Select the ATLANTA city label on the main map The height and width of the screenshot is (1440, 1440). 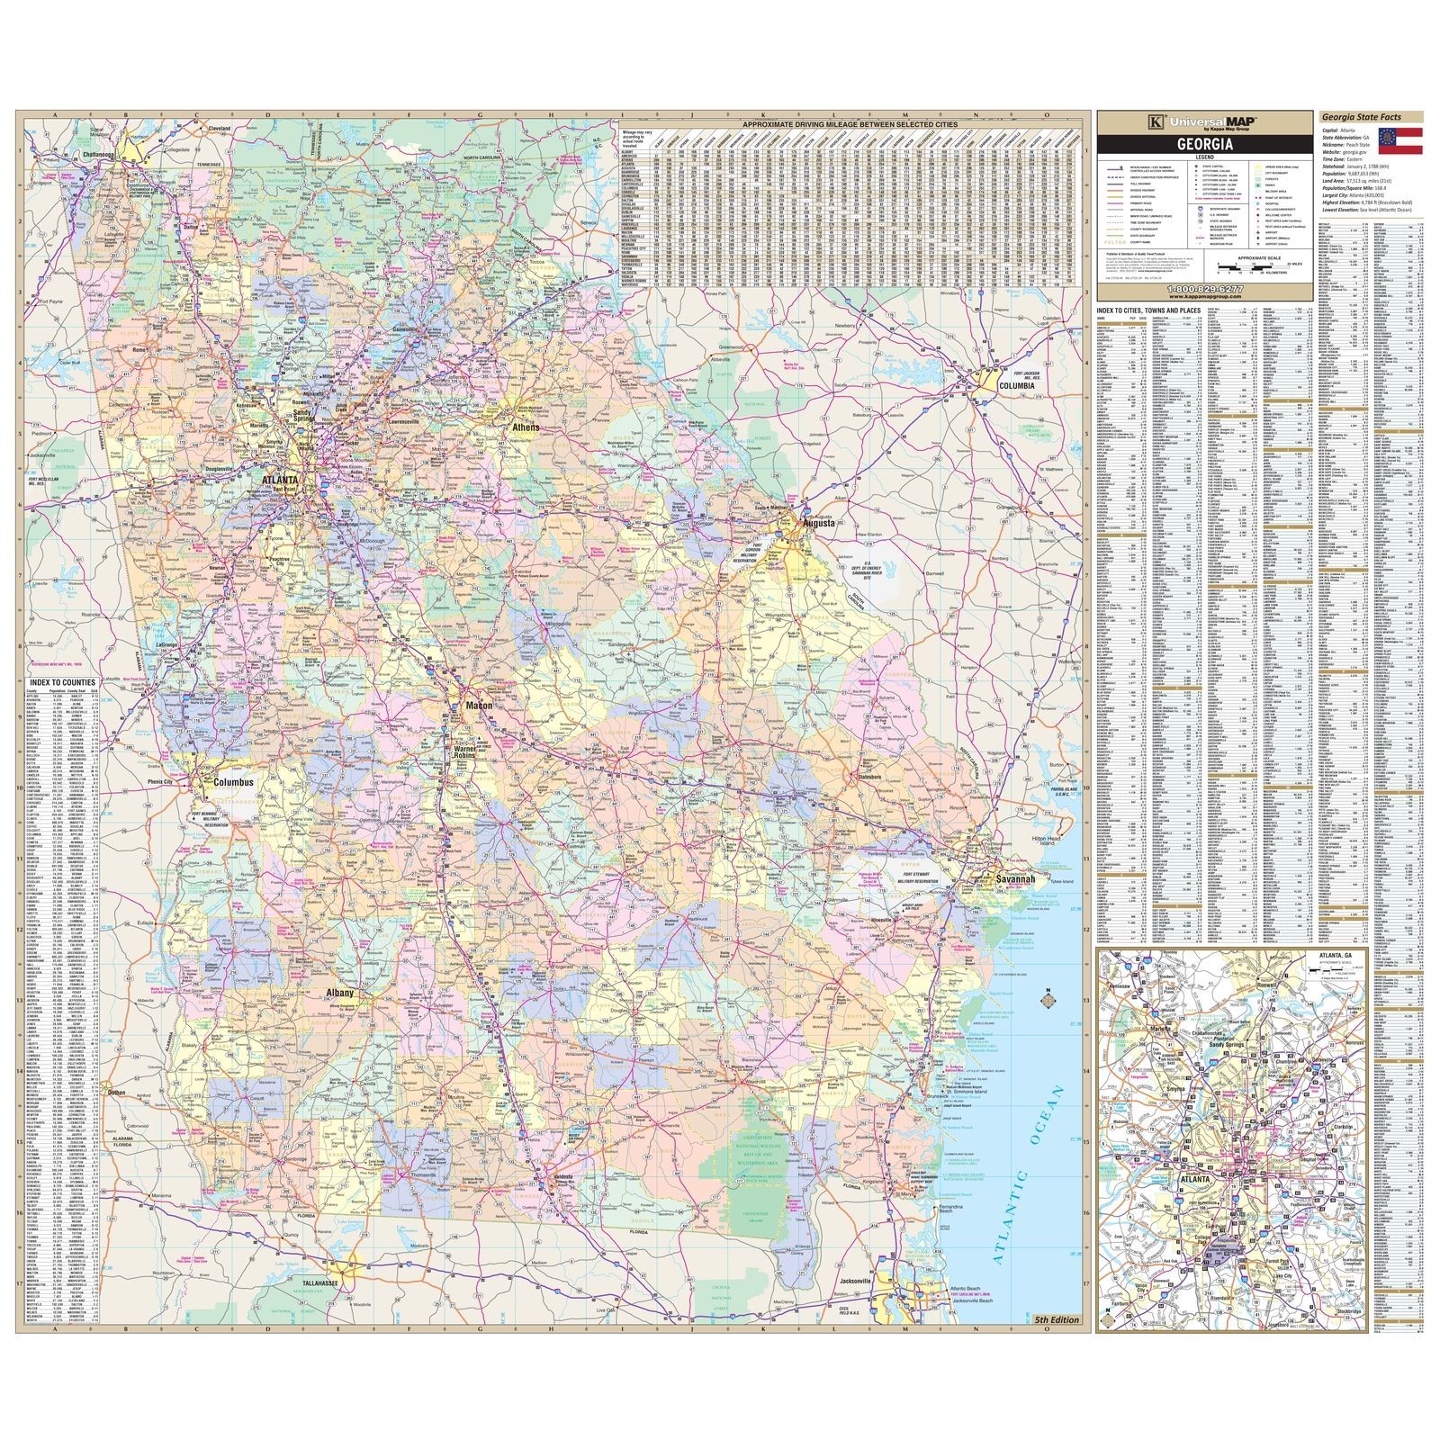click(280, 481)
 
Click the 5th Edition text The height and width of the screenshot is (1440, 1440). click(1057, 1319)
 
